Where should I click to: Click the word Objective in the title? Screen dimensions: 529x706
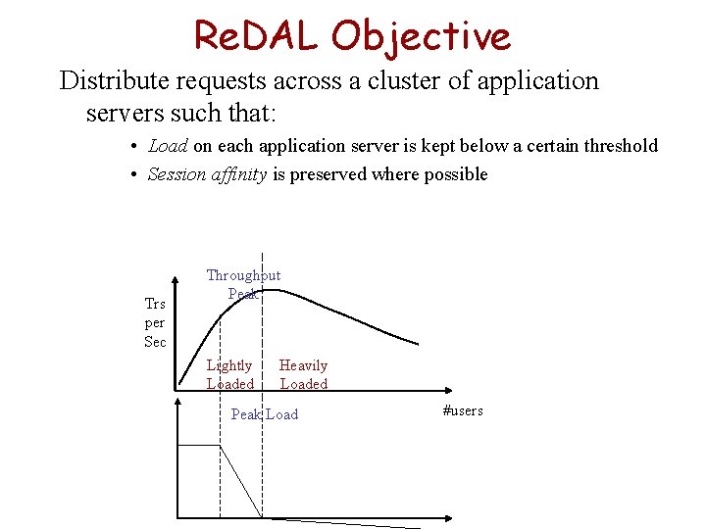(x=421, y=36)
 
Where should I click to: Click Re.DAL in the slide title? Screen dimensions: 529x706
(x=257, y=36)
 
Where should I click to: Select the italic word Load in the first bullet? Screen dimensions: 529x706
(x=168, y=146)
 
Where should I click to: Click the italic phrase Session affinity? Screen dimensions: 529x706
(x=206, y=174)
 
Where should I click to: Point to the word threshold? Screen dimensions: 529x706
(x=620, y=146)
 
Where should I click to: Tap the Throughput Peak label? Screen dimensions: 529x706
(x=242, y=284)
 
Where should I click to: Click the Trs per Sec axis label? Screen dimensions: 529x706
(x=155, y=322)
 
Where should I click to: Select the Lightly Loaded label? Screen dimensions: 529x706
(x=229, y=374)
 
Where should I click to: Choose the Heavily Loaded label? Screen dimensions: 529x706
(x=304, y=374)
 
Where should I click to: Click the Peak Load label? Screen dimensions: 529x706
(x=264, y=414)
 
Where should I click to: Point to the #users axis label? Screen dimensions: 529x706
(x=463, y=410)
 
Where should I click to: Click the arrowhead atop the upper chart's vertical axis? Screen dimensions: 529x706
(x=177, y=276)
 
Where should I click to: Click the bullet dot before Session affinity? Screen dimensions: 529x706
(x=133, y=175)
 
